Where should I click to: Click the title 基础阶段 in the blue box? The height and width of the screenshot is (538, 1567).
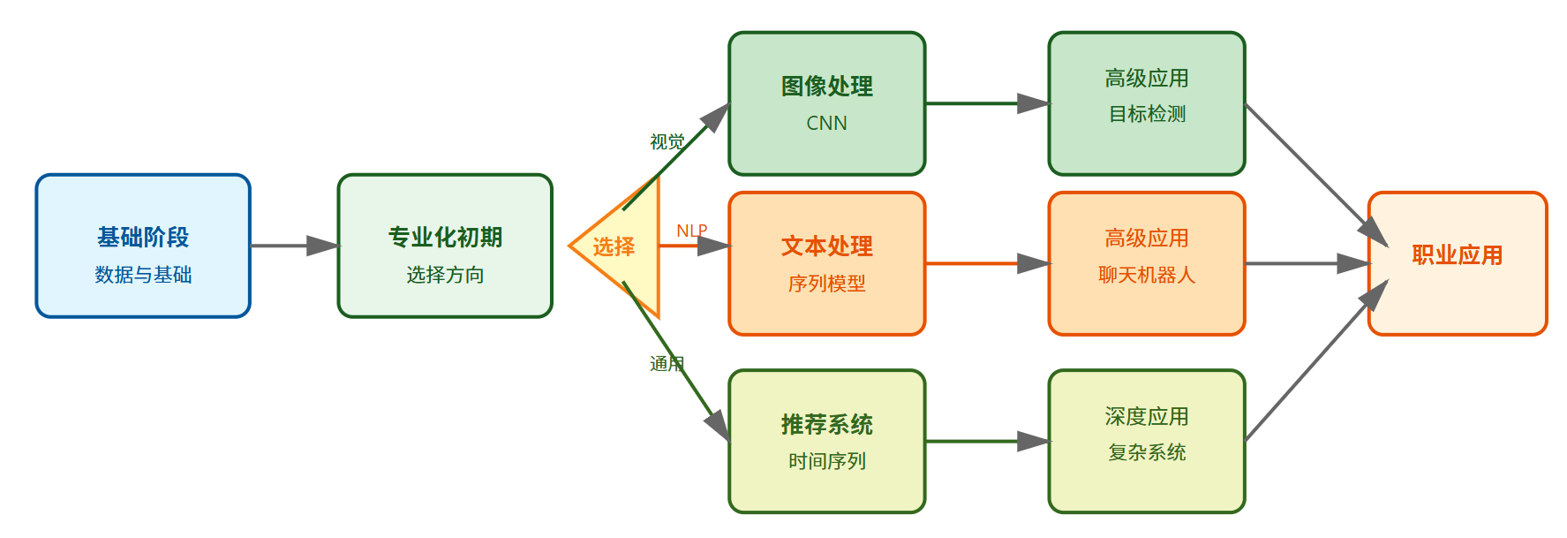143,237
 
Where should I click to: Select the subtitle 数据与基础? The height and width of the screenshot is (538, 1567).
143,275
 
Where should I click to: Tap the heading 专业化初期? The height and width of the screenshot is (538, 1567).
445,237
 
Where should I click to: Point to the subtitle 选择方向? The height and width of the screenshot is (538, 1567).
445,275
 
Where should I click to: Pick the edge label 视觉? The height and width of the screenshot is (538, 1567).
667,141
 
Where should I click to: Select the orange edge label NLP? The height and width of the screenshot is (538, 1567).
691,231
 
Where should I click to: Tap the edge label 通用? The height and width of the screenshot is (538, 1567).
667,363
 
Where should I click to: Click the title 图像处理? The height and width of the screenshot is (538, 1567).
826,86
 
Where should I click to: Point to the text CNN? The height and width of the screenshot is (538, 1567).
826,124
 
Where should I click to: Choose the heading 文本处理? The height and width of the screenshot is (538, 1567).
826,246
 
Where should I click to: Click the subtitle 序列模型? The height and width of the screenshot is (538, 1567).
826,284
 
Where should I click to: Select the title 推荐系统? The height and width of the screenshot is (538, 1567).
826,424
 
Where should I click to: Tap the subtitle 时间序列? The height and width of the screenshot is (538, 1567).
826,461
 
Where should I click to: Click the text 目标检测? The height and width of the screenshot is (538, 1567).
1147,114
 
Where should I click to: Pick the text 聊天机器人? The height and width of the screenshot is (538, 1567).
1147,275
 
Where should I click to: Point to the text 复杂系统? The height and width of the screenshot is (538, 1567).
1147,452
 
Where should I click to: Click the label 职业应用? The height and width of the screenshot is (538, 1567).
1457,255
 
